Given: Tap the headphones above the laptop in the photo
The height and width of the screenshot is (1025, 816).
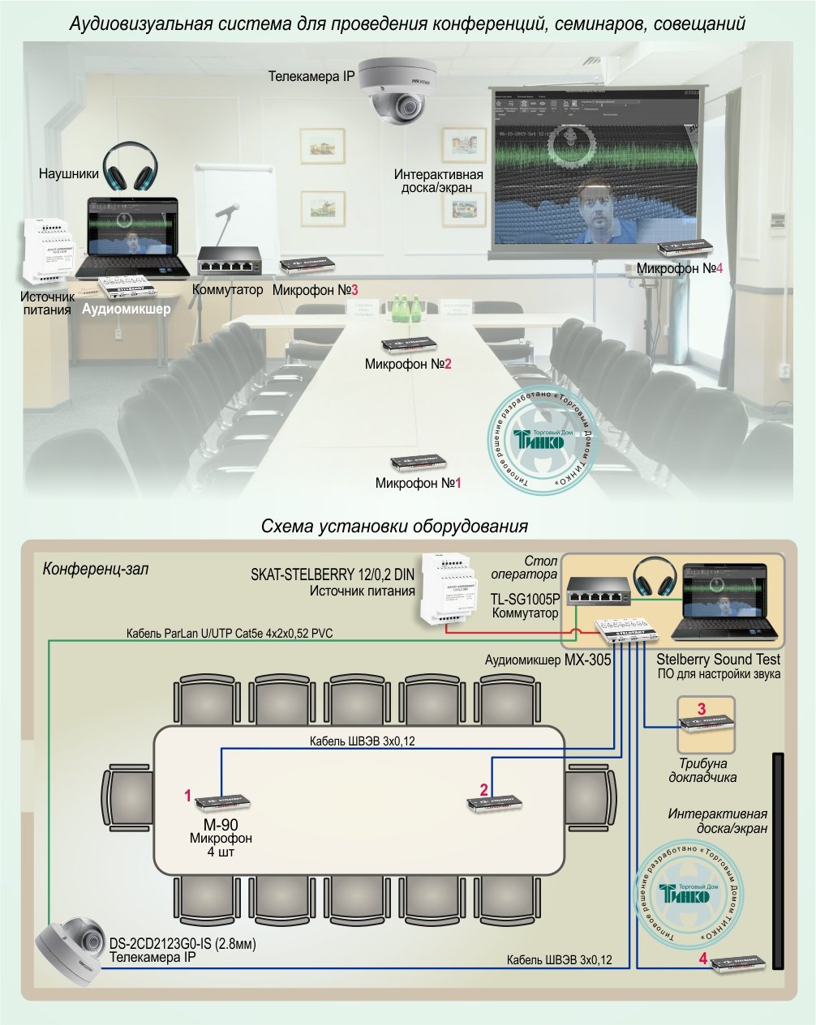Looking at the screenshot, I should pos(131,167).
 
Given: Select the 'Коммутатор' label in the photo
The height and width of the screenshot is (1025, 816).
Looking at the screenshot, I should pos(227,289).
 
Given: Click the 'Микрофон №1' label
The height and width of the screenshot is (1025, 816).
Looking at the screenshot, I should pos(418,483).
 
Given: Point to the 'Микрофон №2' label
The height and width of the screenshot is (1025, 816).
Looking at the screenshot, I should pos(407,365).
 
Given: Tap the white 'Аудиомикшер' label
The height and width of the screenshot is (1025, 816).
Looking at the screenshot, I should pos(127,309).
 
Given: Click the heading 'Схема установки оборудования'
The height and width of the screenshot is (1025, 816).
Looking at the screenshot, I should pos(394,527).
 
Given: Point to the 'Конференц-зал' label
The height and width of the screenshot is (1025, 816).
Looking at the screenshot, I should pos(95,570).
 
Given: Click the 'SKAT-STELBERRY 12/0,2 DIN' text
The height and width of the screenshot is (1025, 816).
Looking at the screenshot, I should pos(333,575).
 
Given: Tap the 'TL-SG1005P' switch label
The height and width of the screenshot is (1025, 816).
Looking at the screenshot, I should pos(525,600).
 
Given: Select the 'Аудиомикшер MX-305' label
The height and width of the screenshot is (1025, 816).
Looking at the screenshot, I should pos(548,660).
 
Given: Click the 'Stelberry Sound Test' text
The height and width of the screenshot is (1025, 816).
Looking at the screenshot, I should pos(718,660).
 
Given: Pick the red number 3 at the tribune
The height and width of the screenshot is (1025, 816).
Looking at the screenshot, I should pos(702,708).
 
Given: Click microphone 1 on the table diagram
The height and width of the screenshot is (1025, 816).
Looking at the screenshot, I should pos(221,802).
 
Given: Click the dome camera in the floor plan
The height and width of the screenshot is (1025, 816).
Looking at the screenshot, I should pos(71,946).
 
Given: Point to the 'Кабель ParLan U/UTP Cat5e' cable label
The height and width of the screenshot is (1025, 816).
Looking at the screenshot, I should pos(230,633).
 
